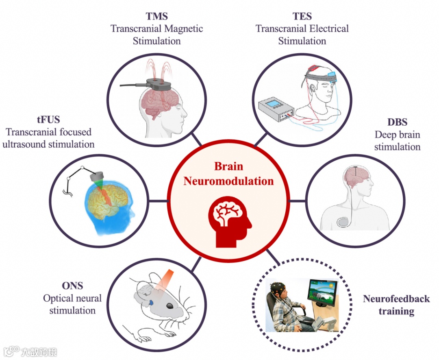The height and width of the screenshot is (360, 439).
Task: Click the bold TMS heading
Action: (156, 17)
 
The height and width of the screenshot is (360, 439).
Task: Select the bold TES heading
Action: (302, 17)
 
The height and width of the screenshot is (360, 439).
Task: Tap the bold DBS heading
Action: (397, 122)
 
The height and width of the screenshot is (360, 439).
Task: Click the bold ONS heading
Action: (72, 286)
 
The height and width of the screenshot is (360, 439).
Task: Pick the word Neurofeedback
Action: (396, 299)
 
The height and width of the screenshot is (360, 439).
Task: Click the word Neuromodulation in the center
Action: (228, 181)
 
